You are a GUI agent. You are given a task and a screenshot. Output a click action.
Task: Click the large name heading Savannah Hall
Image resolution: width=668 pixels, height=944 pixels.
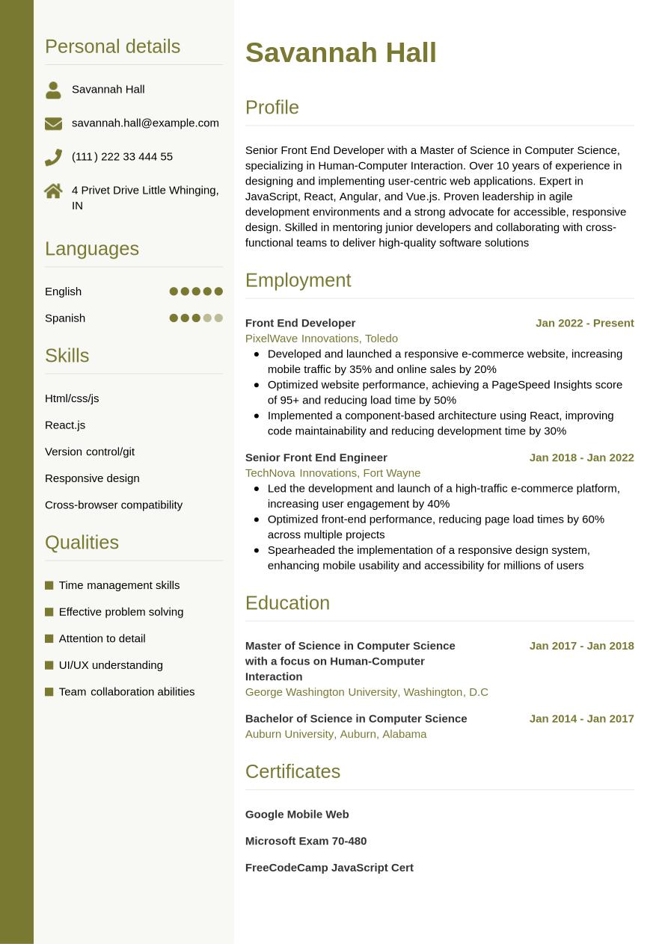click(340, 53)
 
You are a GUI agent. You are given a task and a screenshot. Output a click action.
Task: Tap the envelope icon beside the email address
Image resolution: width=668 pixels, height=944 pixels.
click(53, 123)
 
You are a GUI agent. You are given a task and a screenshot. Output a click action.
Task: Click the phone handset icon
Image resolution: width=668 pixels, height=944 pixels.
click(53, 157)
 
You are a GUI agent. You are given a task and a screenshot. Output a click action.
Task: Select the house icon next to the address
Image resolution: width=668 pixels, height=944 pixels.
click(53, 191)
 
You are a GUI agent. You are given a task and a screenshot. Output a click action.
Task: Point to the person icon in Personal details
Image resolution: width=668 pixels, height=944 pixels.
click(53, 90)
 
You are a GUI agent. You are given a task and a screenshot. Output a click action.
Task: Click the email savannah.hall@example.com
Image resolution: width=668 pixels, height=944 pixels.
click(145, 123)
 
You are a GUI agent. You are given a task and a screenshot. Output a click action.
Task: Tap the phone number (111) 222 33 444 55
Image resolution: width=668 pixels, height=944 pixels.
click(122, 156)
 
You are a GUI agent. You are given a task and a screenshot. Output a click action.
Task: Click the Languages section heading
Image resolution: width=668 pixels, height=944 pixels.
click(92, 248)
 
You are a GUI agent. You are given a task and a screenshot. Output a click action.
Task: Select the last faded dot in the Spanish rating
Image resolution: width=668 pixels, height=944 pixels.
click(218, 318)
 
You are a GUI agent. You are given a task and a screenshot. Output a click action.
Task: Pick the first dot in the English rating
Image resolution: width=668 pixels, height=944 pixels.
click(174, 291)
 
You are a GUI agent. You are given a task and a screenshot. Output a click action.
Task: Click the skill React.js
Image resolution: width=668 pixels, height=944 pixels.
click(65, 425)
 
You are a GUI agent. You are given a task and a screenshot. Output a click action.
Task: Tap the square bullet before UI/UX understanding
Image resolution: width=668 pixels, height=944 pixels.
click(49, 665)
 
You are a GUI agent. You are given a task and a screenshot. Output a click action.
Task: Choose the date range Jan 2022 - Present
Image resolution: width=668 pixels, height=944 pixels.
click(584, 323)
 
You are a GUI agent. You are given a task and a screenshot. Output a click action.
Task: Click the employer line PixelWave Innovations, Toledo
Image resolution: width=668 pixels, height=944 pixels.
click(321, 339)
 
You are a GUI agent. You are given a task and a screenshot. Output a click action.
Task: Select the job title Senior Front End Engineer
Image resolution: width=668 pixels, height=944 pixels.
click(316, 457)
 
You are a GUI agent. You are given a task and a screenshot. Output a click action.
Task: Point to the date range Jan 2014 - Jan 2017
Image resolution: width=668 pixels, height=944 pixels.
click(581, 718)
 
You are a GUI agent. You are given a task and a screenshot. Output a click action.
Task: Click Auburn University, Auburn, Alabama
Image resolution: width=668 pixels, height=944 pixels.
click(335, 734)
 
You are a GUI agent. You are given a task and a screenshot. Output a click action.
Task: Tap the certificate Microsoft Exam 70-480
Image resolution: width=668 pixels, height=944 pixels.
click(305, 841)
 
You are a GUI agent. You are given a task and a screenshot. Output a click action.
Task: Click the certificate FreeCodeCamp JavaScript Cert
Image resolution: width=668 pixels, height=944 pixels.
click(329, 868)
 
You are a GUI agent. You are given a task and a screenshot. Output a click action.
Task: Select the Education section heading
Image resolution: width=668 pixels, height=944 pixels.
click(287, 602)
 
